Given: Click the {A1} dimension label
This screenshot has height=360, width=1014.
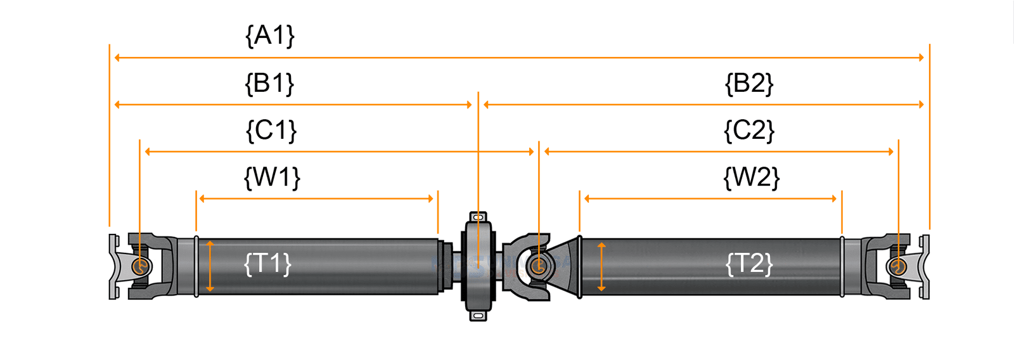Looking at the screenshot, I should tap(270, 35).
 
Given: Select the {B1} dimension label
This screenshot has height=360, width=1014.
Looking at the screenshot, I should tap(269, 84).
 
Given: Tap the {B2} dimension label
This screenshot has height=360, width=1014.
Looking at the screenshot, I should tap(749, 84).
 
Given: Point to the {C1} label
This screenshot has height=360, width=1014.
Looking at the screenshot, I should tap(271, 131).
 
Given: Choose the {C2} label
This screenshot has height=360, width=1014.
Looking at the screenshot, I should tap(749, 131).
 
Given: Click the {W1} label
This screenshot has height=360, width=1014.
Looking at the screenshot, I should tap(272, 177).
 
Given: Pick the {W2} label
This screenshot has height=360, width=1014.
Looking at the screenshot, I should tap(751, 177).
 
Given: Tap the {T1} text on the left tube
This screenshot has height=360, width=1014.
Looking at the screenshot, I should tap(267, 264).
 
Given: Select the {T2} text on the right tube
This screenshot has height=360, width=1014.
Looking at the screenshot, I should tap(749, 264).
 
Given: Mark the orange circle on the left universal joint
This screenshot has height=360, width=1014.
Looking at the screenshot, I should tap(141, 266).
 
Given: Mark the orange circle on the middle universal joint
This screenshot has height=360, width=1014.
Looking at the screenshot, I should tap(538, 266).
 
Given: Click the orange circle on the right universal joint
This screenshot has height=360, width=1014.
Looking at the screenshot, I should tap(897, 266).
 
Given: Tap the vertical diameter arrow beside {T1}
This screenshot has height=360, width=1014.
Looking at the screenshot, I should tap(210, 266).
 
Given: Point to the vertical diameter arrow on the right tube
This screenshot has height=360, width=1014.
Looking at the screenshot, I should tap(601, 266).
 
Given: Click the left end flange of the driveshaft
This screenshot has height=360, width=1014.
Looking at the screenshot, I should tap(113, 266).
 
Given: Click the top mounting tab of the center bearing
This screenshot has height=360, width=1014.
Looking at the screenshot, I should tap(478, 217).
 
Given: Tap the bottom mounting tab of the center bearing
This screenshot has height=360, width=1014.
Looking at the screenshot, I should tap(478, 315).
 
